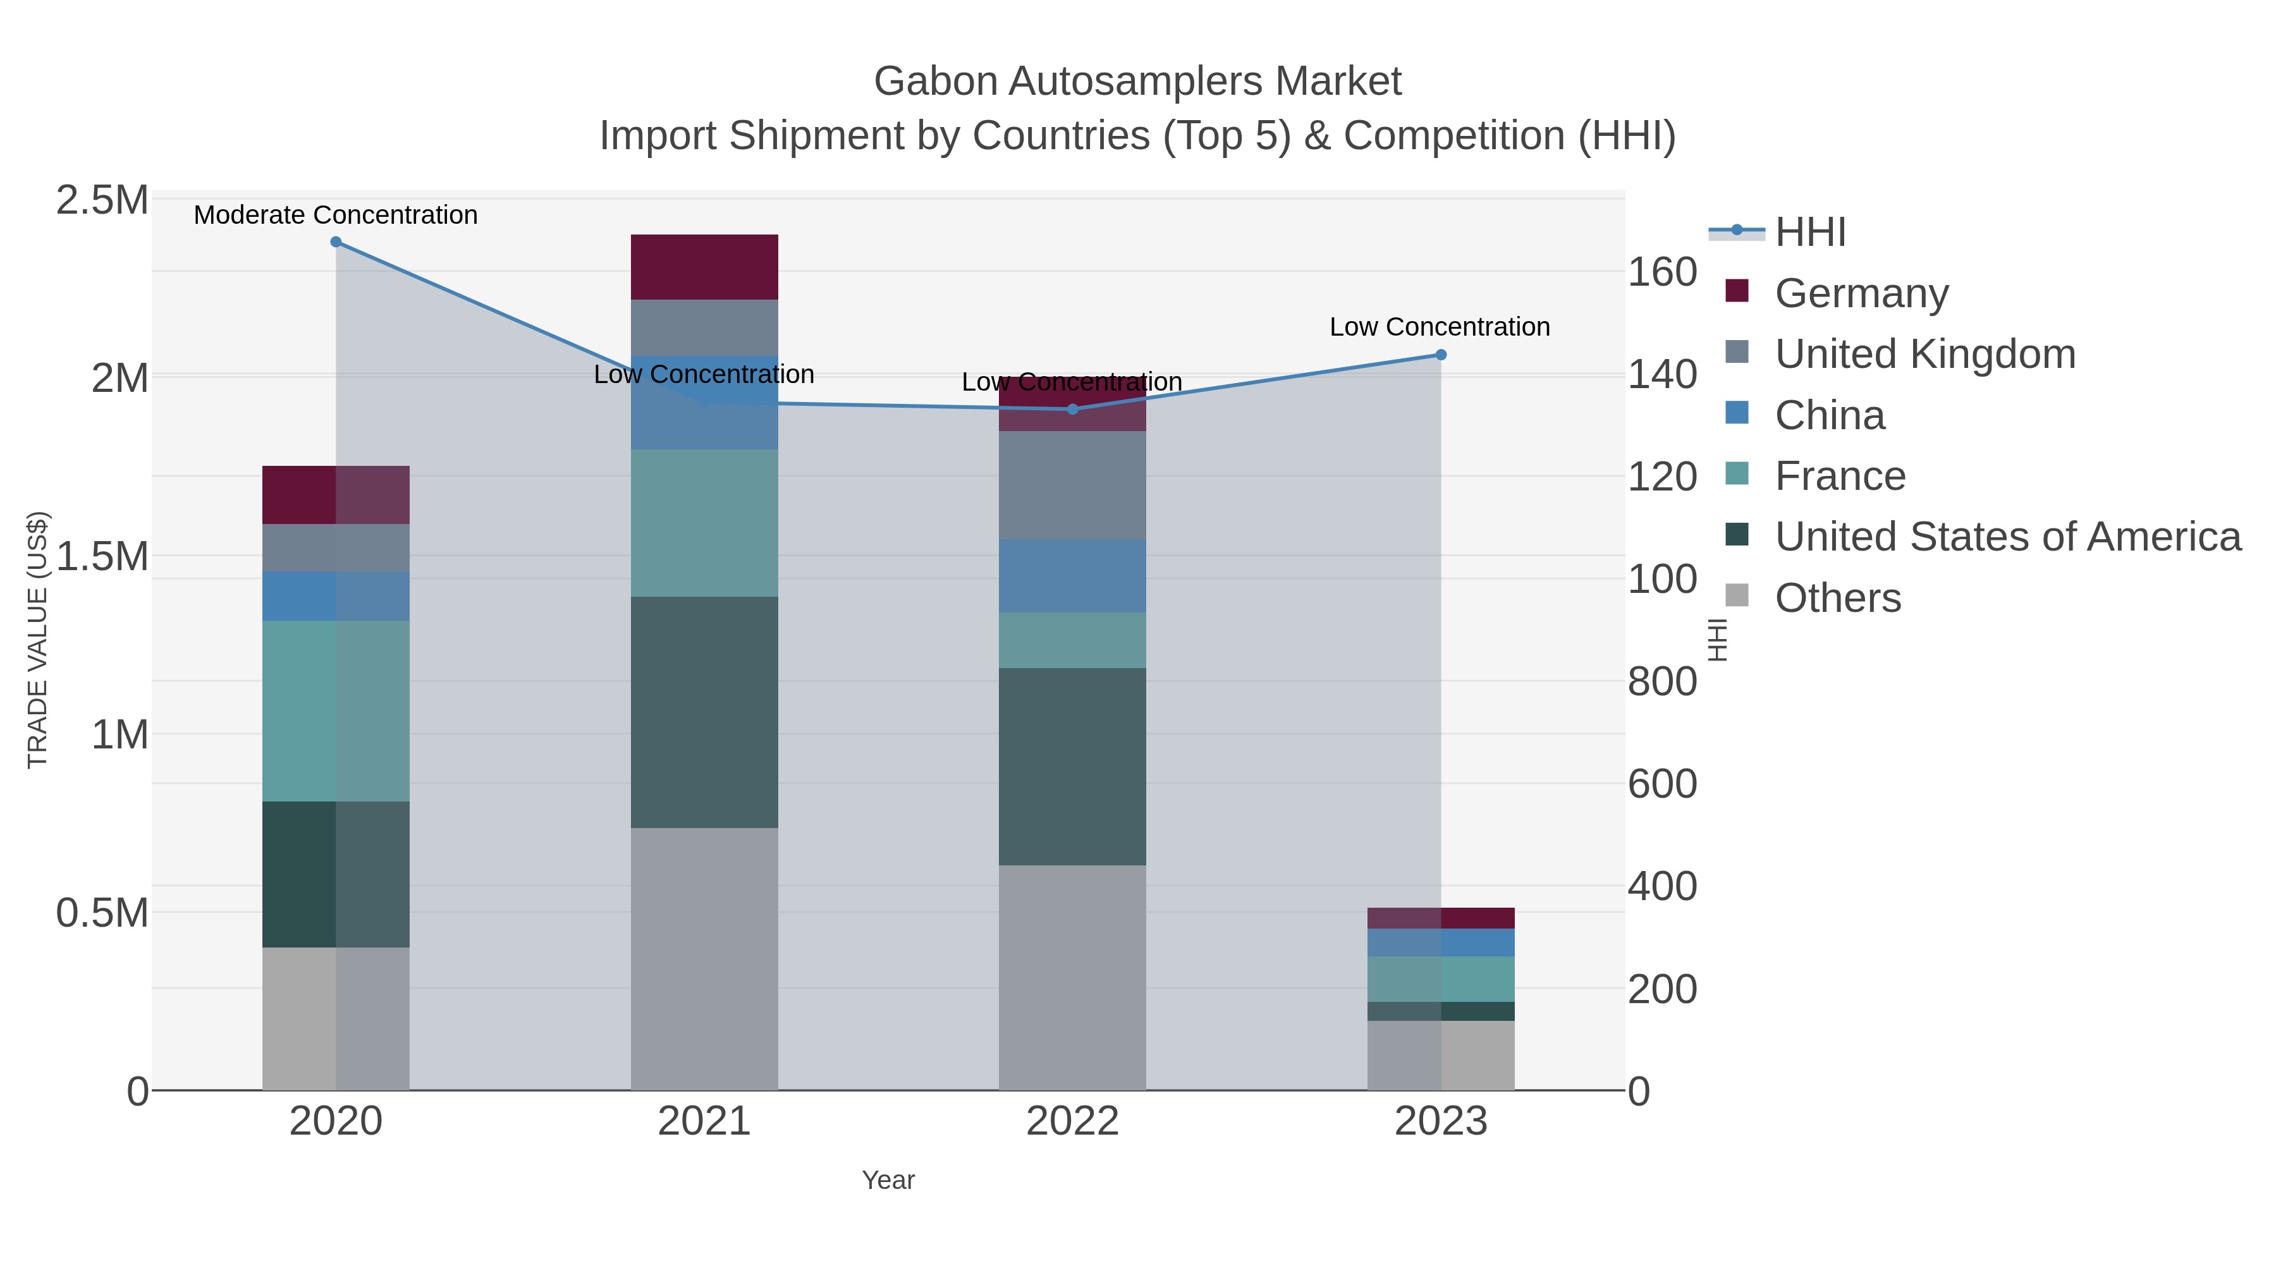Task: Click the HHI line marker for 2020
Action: tap(336, 242)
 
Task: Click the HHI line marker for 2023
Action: tap(1440, 355)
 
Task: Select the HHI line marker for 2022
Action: tap(1073, 409)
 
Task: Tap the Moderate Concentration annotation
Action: tap(336, 216)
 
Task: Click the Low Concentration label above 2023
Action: tap(1440, 327)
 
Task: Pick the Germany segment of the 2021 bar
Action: tap(704, 267)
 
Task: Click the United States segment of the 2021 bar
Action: tap(704, 712)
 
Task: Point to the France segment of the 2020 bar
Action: tap(336, 711)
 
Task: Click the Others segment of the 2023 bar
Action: tap(1440, 1055)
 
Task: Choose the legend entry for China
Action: tap(1829, 415)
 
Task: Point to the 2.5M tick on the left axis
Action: tap(102, 200)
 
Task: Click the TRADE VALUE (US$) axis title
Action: tap(37, 640)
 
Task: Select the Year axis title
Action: tap(888, 1180)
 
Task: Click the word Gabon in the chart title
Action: tap(935, 82)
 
